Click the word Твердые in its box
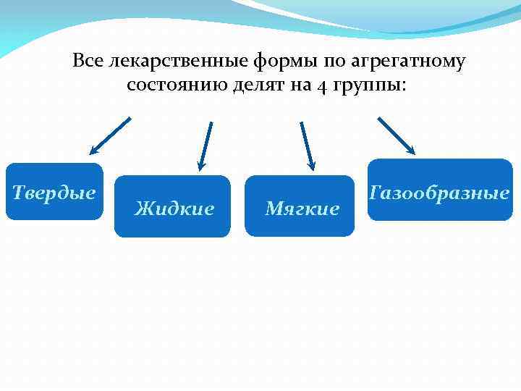pyautogui.click(x=54, y=193)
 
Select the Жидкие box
pyautogui.click(x=174, y=209)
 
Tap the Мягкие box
pyautogui.click(x=302, y=209)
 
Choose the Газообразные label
pyautogui.click(x=439, y=193)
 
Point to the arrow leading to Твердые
pyautogui.click(x=110, y=136)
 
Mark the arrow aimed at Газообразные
pyautogui.click(x=396, y=135)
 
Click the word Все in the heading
pyautogui.click(x=88, y=62)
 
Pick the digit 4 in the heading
pyautogui.click(x=321, y=86)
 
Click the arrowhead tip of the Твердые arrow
pyautogui.click(x=92, y=154)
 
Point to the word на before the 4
pyautogui.click(x=300, y=85)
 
